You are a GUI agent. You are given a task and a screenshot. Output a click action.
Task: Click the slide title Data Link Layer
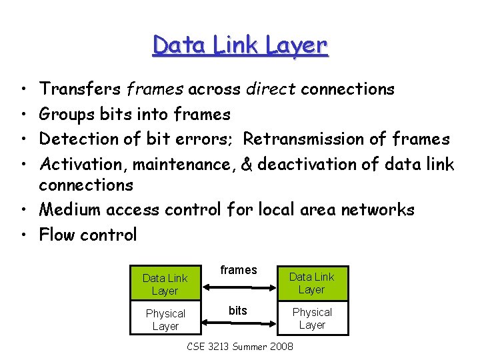(240, 45)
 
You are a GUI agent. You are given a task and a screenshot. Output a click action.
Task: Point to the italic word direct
(271, 89)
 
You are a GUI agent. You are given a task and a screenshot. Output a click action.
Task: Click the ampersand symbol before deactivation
(247, 164)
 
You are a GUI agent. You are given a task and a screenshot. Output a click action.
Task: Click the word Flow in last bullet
(55, 235)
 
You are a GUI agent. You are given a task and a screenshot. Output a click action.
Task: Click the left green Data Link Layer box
(165, 285)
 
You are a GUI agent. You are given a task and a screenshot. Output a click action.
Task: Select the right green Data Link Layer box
(312, 283)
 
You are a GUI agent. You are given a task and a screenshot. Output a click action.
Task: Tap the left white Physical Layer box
(165, 320)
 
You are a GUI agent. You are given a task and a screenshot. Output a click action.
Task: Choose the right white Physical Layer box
(312, 319)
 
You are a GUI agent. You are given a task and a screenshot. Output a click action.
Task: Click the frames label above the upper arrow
(239, 270)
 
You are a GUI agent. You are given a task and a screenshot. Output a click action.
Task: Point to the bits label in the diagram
(238, 311)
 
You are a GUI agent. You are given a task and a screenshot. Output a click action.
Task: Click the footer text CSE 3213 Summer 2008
(240, 347)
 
